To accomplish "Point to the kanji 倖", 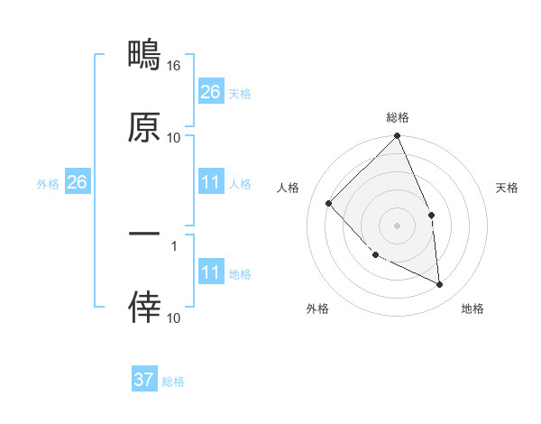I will [x=144, y=307].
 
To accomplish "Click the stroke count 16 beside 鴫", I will [x=174, y=66].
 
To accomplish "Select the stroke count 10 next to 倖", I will [x=174, y=318].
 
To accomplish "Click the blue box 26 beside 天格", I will [x=210, y=92].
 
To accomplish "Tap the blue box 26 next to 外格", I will [x=77, y=182].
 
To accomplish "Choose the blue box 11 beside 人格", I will [x=210, y=182].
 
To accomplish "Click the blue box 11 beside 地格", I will [x=210, y=272].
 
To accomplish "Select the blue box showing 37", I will [x=143, y=380].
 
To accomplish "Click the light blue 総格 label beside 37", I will [x=174, y=382].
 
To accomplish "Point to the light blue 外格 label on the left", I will [x=48, y=183].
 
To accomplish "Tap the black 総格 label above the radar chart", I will [x=398, y=117].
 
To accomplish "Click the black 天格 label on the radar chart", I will [x=508, y=188].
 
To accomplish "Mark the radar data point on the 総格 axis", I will [x=398, y=137].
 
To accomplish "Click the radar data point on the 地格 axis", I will [x=440, y=285].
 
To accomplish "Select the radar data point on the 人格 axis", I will [x=329, y=203].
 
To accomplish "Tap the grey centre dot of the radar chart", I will [x=398, y=226].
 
